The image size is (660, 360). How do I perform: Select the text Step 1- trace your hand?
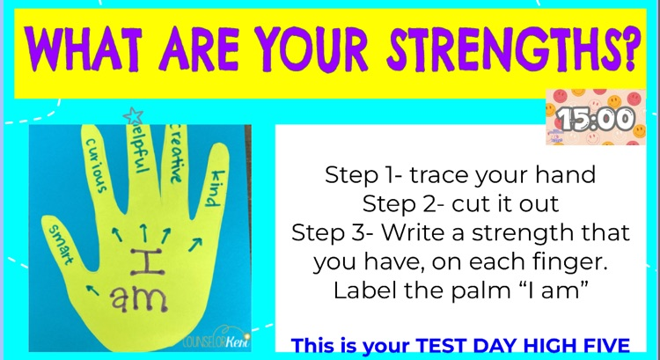pyautogui.click(x=460, y=174)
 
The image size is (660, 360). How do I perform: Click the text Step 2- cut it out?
pyautogui.click(x=460, y=205)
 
